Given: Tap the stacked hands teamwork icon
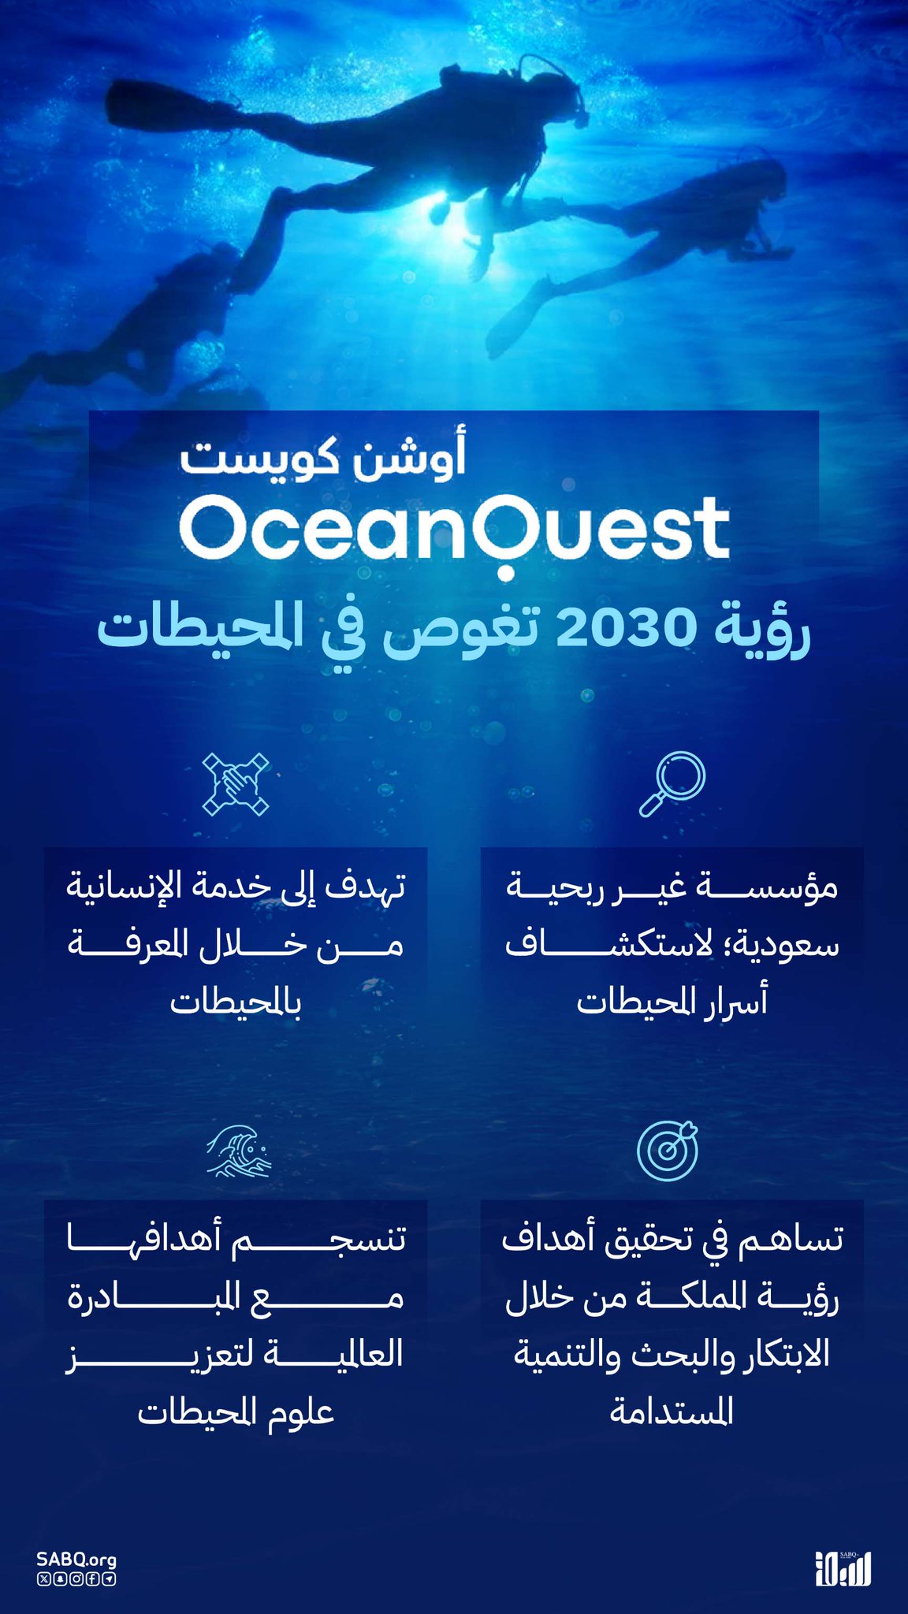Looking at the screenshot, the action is coord(236,784).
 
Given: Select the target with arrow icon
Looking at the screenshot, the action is coord(668,1150).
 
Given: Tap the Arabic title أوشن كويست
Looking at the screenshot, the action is coord(323,456).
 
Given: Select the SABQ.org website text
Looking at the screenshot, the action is coord(76,1560).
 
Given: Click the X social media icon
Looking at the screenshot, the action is coord(43,1579).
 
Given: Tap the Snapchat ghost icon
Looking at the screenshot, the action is coord(59,1579).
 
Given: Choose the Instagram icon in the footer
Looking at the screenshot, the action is coord(76,1579).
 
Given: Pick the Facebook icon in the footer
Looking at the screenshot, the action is coord(92,1579).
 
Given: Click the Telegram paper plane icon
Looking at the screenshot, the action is coord(109,1579).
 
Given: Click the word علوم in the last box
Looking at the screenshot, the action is coord(300,1411).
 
